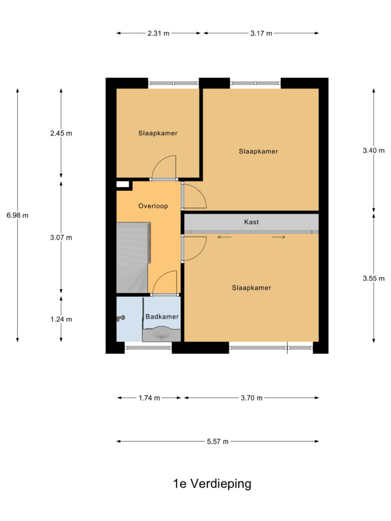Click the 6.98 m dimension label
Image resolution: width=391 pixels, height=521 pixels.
[x=17, y=215]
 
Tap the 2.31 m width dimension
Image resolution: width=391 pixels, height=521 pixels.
[x=158, y=34]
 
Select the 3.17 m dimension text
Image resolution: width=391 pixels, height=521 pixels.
[x=261, y=34]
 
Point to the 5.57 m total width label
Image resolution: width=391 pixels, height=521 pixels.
[x=217, y=442]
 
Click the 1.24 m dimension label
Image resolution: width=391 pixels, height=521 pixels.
[x=61, y=320]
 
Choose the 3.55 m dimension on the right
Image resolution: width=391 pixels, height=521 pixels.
[x=373, y=278]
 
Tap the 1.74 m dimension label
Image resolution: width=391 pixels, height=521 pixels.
[x=149, y=398]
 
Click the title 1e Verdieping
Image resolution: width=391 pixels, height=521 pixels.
[x=212, y=484]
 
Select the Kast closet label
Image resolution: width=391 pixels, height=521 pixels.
[x=252, y=222]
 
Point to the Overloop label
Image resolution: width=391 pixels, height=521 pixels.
[x=153, y=206]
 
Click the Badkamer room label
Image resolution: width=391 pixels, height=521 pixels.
[x=162, y=316]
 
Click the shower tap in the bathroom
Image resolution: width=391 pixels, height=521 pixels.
[x=121, y=319]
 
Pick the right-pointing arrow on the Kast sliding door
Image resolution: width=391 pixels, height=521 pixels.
[x=278, y=237]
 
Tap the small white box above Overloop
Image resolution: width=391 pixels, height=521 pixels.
[x=123, y=185]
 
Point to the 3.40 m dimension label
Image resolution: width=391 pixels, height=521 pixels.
[x=373, y=150]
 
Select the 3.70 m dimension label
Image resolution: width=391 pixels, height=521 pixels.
[x=252, y=398]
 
